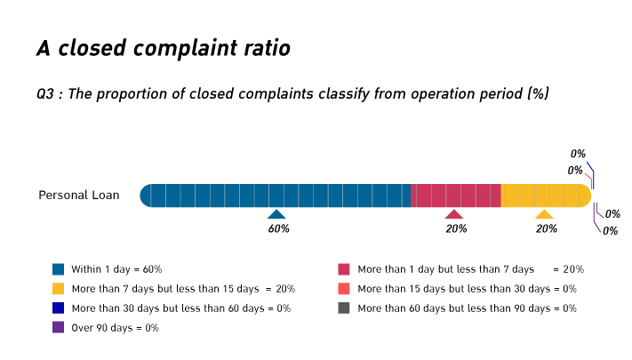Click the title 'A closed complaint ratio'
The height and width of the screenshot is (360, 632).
tap(163, 49)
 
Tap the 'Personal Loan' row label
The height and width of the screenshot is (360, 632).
tap(78, 195)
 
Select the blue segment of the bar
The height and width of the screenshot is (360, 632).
tap(276, 195)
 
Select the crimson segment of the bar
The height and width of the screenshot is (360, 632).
tap(456, 195)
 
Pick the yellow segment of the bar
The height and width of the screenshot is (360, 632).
tap(545, 195)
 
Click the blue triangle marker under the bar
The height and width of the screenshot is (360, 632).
tap(276, 214)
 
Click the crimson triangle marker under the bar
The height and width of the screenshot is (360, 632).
tap(454, 214)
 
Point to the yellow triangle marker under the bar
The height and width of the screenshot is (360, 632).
tap(544, 214)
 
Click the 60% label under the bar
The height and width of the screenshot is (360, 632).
tap(278, 228)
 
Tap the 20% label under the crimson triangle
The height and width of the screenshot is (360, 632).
tap(456, 228)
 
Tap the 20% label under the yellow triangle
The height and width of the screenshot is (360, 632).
tap(546, 228)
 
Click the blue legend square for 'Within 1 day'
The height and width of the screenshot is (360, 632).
tap(59, 268)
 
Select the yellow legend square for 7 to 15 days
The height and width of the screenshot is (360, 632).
tap(59, 288)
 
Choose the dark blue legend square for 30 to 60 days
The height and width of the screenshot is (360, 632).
tap(59, 308)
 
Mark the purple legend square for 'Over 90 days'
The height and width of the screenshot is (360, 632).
tap(59, 327)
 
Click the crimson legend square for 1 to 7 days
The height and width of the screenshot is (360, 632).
tap(344, 268)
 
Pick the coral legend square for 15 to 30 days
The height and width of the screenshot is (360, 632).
tap(344, 288)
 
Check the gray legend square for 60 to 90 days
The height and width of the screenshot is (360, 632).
tap(344, 308)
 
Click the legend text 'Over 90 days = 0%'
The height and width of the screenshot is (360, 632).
tap(116, 327)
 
